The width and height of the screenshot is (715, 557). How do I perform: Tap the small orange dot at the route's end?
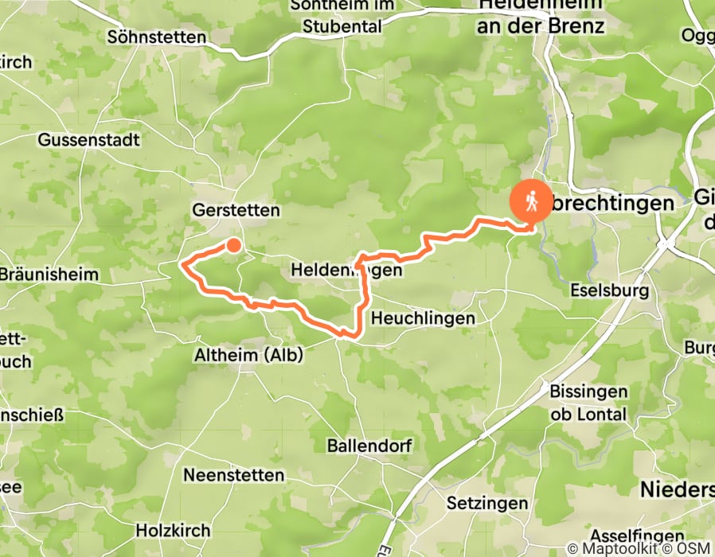[233, 245]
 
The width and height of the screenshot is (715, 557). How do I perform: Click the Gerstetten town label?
[236, 211]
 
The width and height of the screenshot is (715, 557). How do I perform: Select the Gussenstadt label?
[88, 140]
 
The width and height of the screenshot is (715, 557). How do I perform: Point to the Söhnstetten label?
[157, 37]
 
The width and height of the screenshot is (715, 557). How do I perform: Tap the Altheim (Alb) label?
[248, 356]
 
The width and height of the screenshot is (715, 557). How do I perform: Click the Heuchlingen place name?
[424, 318]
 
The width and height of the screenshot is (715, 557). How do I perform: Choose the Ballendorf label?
[369, 446]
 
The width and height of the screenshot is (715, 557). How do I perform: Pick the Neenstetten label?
[233, 475]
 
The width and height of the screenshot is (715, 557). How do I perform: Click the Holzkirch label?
[173, 530]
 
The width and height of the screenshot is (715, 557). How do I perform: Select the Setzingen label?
[486, 504]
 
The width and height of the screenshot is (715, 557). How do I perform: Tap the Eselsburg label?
[610, 291]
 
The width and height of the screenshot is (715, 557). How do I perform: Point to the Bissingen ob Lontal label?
[588, 403]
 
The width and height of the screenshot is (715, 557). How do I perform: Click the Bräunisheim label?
[49, 275]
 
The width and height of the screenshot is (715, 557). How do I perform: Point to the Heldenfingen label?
[346, 271]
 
